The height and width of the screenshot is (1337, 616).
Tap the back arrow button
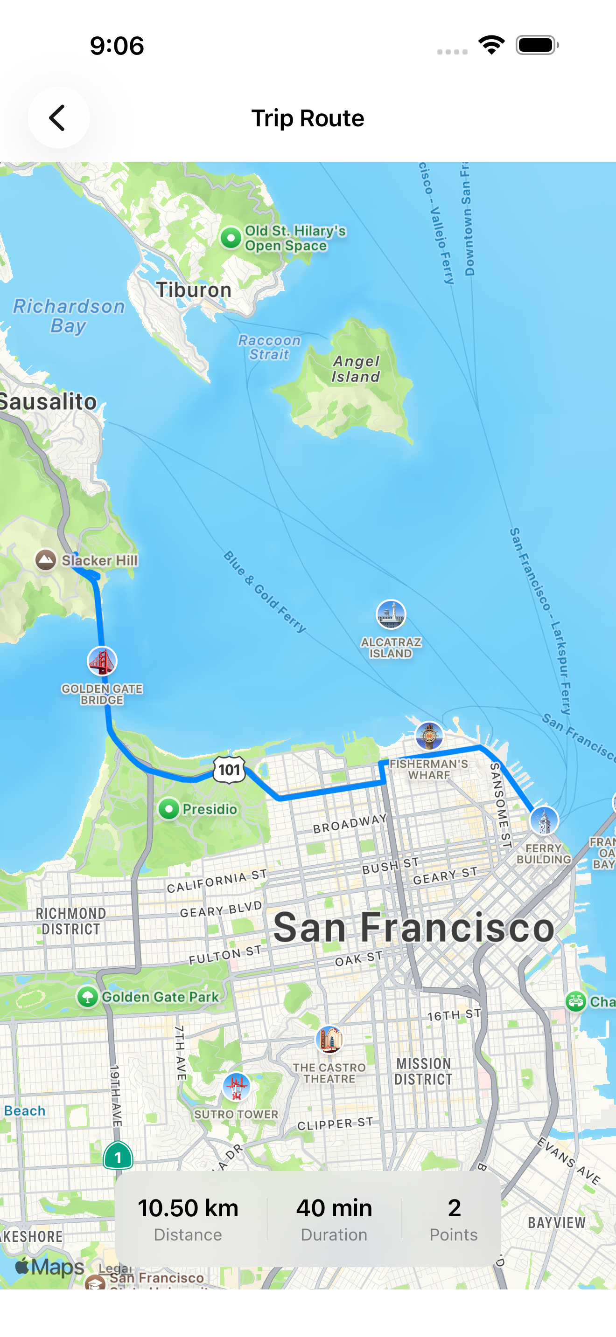tap(58, 118)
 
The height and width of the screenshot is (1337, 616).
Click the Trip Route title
tap(308, 118)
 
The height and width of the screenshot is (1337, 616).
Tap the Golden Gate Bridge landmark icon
tap(102, 661)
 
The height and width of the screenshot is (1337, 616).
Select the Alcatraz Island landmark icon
tap(391, 614)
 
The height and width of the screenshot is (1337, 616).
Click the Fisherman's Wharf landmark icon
tap(429, 736)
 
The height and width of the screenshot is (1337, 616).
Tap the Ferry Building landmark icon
tap(544, 820)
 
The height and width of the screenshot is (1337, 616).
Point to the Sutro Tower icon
tap(236, 1086)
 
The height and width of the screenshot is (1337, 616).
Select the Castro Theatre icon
tap(329, 1040)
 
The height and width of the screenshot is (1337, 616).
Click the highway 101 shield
tap(229, 769)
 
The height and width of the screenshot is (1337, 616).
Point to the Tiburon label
tap(194, 289)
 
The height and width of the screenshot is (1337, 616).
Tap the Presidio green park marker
tap(169, 809)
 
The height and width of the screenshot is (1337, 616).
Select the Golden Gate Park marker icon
tap(88, 997)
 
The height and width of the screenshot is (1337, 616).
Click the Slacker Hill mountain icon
tap(46, 559)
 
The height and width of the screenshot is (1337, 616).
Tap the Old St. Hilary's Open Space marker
tap(231, 238)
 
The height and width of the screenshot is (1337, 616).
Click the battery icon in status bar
tap(537, 45)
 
